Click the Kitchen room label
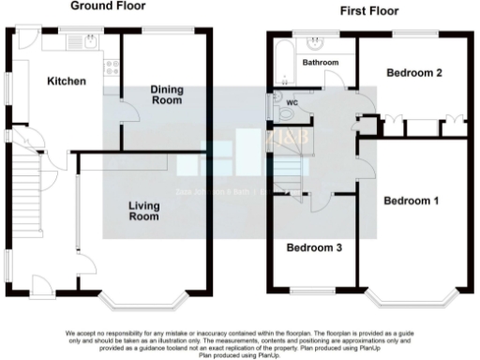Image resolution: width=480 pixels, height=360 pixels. [x=67, y=82]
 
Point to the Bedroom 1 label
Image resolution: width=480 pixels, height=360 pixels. [x=411, y=200]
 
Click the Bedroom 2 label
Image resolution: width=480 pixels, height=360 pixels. [x=414, y=72]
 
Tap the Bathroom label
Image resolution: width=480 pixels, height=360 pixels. [x=319, y=63]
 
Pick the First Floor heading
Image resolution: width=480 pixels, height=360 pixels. [x=369, y=11]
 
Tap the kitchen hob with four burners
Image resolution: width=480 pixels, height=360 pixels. [x=112, y=67]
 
